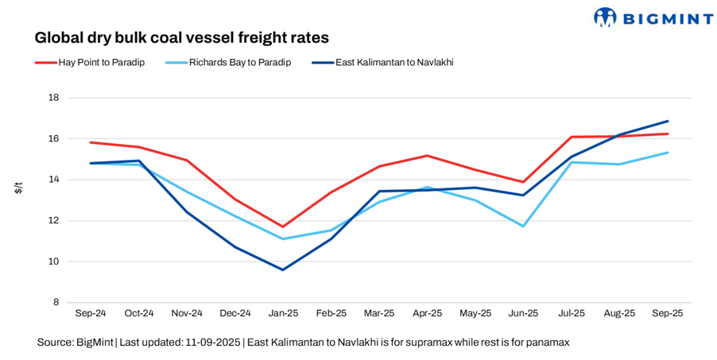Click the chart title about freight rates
pos(181,37)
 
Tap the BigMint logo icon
pos(606,17)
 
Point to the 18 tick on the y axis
pos(54,98)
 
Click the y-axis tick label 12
pos(54,221)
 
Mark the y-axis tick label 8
pos(56,303)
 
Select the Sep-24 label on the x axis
pos(91,314)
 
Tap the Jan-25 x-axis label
pos(282,314)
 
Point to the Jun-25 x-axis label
pos(523,314)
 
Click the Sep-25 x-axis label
pos(668,314)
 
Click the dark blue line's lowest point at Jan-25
pos(282,269)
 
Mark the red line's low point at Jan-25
pos(282,226)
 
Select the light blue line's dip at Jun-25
pos(523,226)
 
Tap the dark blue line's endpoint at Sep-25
pos(668,122)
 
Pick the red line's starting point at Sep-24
pos(91,142)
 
